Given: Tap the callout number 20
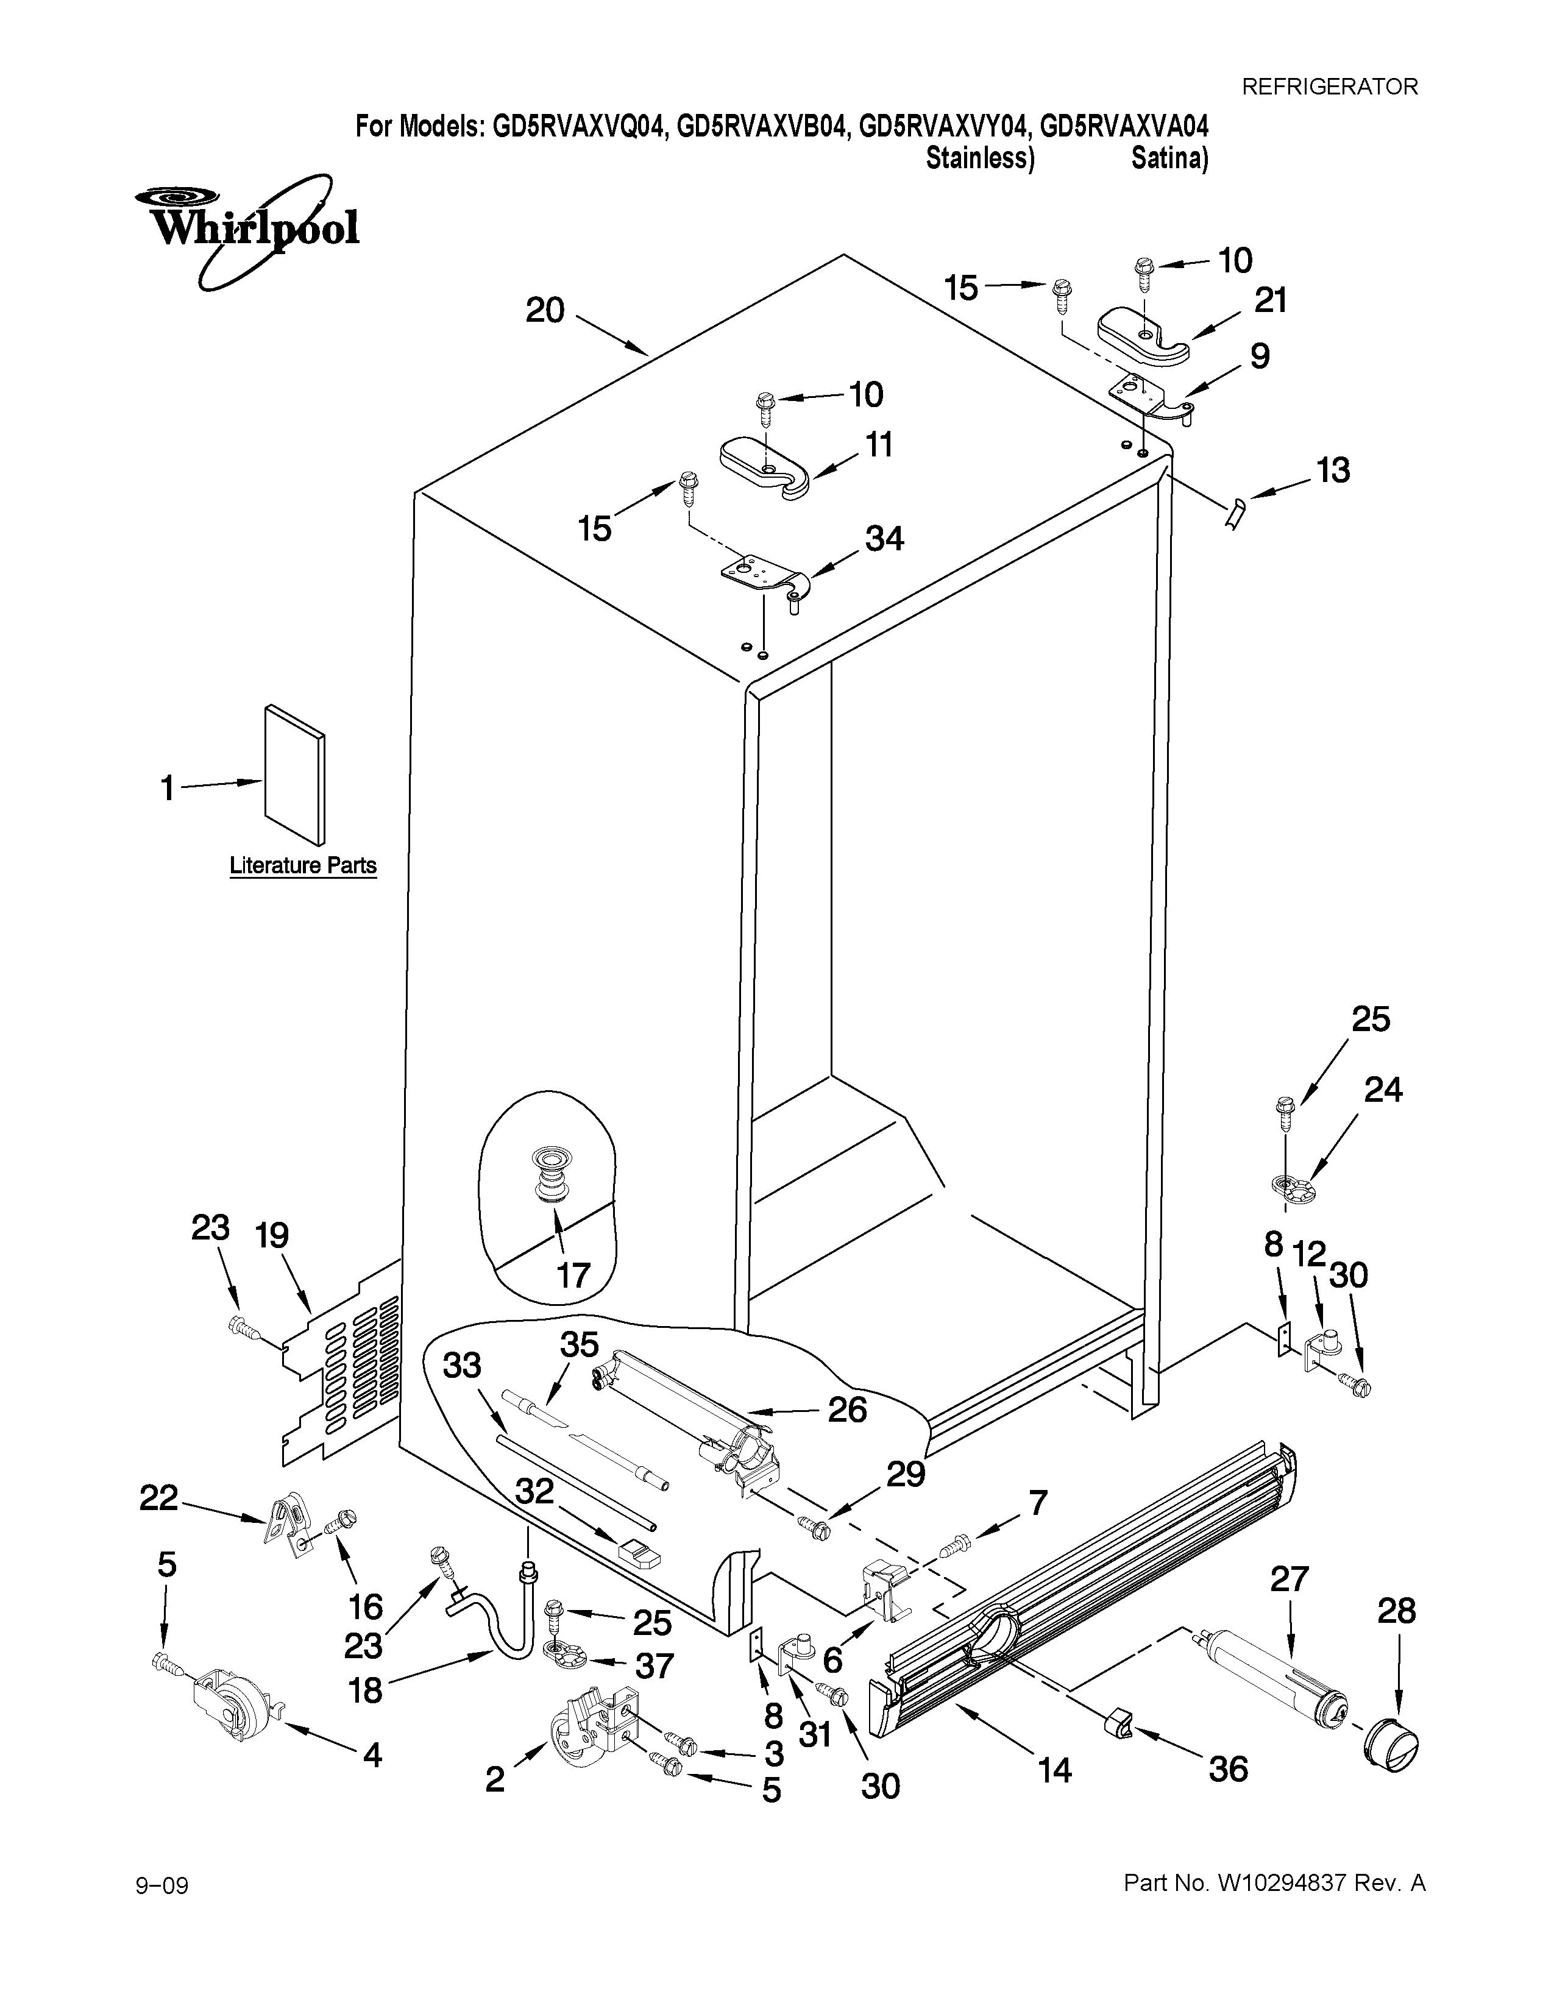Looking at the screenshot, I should [x=545, y=311].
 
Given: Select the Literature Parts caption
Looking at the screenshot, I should [x=303, y=865].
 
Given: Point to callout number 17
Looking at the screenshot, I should [x=573, y=1275].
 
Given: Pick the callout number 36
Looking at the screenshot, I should [x=1227, y=1769].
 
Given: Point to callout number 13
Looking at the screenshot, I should [x=1333, y=470].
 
